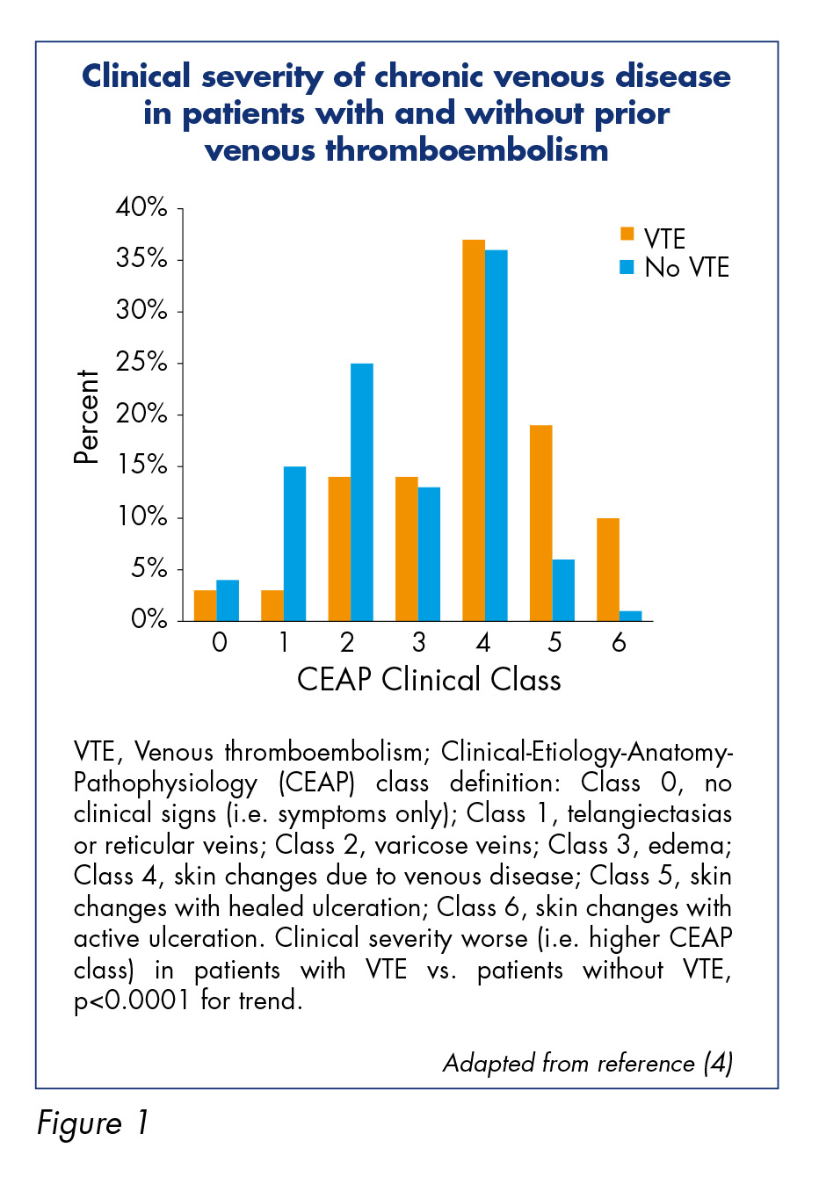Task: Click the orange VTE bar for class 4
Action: (474, 430)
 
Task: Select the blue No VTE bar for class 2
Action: (362, 492)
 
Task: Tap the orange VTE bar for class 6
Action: (608, 570)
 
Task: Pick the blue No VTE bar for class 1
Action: (294, 544)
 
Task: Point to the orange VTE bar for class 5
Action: (541, 523)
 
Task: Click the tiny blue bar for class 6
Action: (630, 617)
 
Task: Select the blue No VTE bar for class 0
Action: (228, 601)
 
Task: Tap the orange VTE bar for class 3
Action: (407, 549)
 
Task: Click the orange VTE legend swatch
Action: (627, 234)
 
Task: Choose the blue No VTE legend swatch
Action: (627, 267)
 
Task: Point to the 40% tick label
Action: (141, 207)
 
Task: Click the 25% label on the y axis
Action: (141, 363)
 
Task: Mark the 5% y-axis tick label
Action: (149, 569)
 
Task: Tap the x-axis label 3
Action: (418, 642)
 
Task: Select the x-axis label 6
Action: (619, 642)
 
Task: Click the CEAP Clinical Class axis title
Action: (429, 680)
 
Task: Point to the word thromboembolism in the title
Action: (467, 150)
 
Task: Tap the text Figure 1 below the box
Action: (92, 1123)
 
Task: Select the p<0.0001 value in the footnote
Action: (131, 1000)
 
